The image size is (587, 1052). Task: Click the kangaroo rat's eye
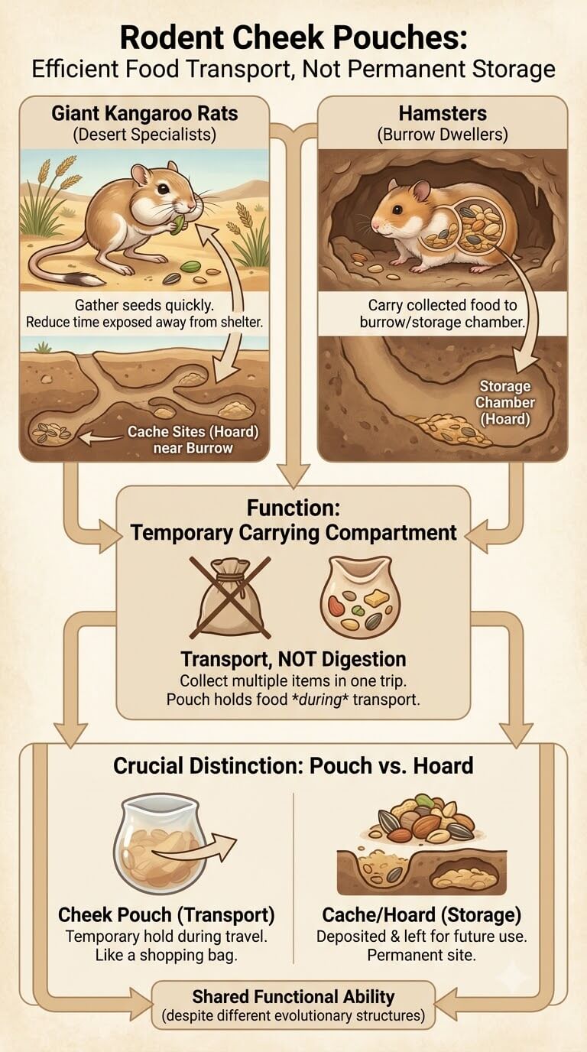point(163,189)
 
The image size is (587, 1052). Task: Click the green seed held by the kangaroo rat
point(178,224)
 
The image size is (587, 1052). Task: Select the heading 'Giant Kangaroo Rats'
point(144,114)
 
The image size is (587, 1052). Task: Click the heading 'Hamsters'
point(443,114)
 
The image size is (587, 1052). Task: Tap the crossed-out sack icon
point(230,597)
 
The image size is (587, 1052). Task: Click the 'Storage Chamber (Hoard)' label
point(504,402)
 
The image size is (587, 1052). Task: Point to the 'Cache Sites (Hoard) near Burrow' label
point(193,440)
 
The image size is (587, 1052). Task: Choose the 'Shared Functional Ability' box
point(293,1006)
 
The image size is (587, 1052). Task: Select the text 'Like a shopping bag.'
point(166,955)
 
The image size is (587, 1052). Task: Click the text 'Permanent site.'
point(421,955)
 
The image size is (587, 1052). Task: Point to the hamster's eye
point(397,209)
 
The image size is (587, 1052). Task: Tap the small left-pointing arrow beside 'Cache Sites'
point(100,438)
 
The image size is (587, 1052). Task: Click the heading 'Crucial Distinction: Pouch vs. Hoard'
point(293,766)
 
